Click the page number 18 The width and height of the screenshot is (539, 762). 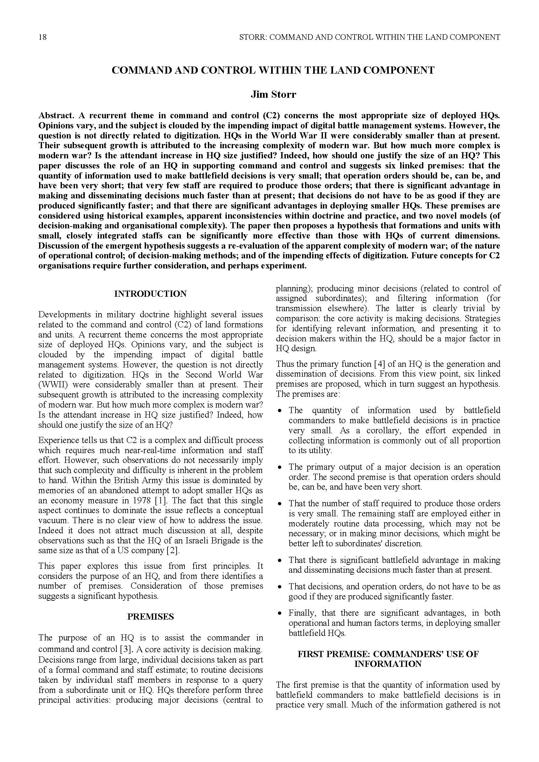[x=42, y=37]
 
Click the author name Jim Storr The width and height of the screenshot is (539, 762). [x=273, y=94]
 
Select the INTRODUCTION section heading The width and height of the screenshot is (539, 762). [x=150, y=294]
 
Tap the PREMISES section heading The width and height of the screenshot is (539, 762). [x=150, y=617]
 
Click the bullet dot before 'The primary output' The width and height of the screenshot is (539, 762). [x=280, y=467]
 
